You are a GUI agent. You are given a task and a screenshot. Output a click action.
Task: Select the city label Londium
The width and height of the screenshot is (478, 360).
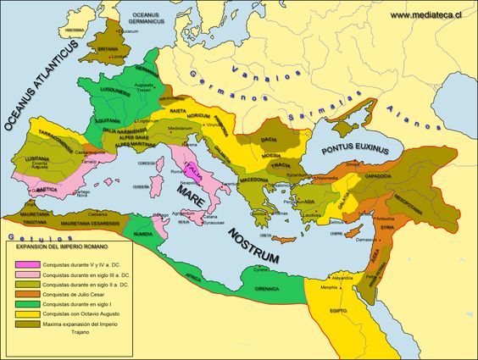tap(117, 58)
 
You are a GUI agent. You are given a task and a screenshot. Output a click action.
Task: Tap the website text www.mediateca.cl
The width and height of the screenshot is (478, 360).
tap(431, 14)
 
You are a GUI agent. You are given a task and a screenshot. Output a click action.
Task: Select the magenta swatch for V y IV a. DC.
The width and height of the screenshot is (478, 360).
tap(25, 264)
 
